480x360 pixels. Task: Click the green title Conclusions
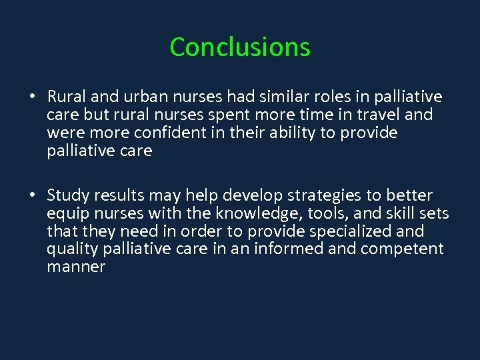[240, 47]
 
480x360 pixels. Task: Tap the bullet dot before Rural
[32, 97]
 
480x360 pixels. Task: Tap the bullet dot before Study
[32, 195]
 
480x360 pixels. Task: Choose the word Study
[68, 195]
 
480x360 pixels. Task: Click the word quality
[71, 249]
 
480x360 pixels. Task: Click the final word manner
[76, 267]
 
